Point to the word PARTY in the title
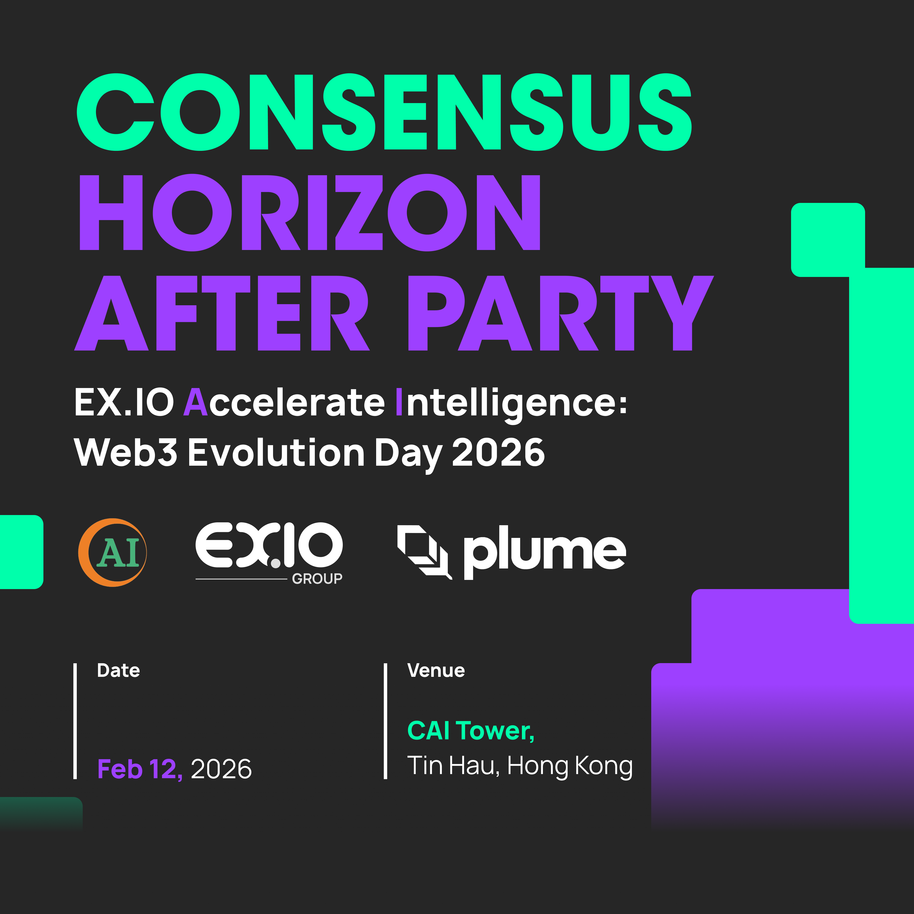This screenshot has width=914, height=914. pyautogui.click(x=561, y=313)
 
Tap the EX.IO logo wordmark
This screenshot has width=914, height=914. pyautogui.click(x=269, y=545)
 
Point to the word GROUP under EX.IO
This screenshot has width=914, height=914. pyautogui.click(x=317, y=579)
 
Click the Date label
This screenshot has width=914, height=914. pyautogui.click(x=118, y=670)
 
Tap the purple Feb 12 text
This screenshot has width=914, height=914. pyautogui.click(x=140, y=769)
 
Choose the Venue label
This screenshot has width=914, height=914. pyautogui.click(x=436, y=670)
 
